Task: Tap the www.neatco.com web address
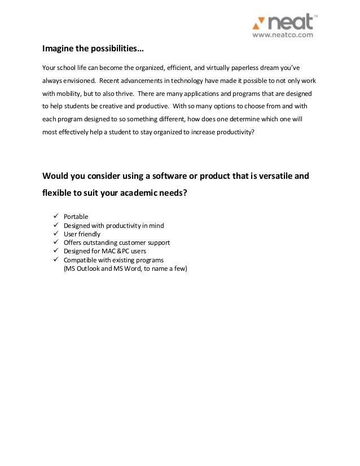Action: (x=282, y=35)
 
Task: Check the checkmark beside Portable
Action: (x=55, y=217)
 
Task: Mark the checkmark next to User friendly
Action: (x=55, y=234)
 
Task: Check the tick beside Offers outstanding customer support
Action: (x=55, y=243)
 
